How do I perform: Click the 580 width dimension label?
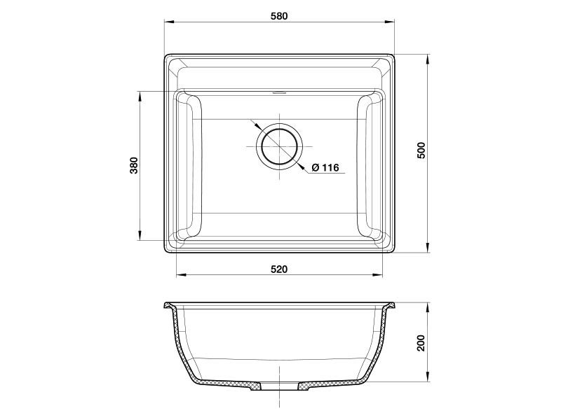(x=279, y=16)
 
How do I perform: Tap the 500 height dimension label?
(x=421, y=150)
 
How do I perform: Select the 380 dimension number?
(x=134, y=165)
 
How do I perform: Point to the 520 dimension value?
(x=279, y=269)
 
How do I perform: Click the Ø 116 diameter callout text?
(x=325, y=167)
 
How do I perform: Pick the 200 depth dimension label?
(x=421, y=343)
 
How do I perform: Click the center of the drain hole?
(x=279, y=146)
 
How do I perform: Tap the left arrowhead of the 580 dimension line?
(x=169, y=22)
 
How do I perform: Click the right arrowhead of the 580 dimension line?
(x=389, y=22)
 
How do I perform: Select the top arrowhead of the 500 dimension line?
(x=428, y=59)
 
